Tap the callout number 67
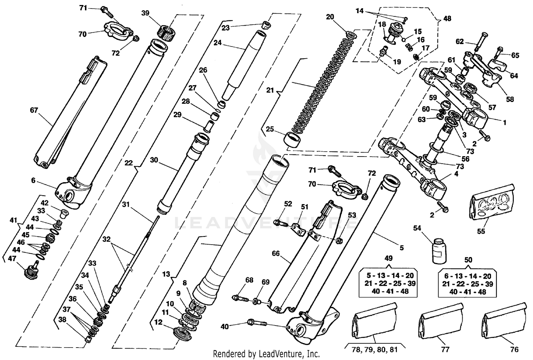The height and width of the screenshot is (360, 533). pos(34,110)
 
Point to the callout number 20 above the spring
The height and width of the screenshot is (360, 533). pos(330,17)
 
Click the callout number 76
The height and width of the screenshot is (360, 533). pos(514,349)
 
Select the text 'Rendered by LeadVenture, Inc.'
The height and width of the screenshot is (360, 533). pos(266,354)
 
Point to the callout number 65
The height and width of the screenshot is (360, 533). pos(515,55)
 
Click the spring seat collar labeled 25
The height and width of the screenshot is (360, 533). pos(292,140)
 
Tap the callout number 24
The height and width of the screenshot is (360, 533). pos(217,43)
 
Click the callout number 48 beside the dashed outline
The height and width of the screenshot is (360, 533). pos(447,18)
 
